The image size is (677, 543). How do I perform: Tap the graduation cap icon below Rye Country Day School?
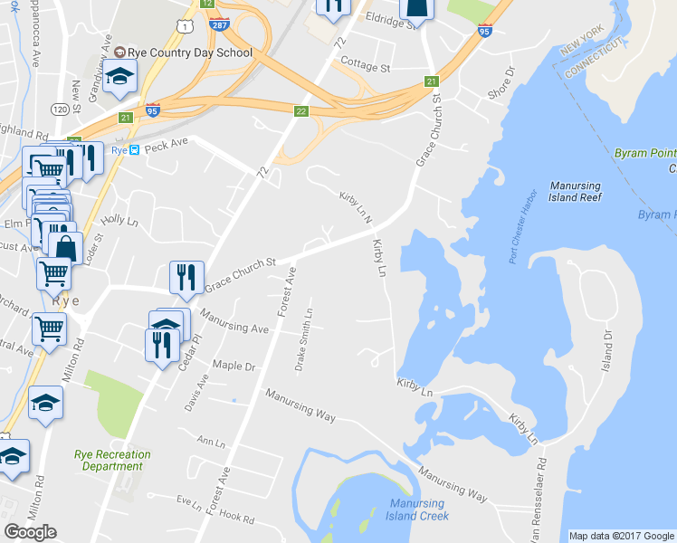[119, 80]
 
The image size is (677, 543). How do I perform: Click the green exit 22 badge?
[301, 110]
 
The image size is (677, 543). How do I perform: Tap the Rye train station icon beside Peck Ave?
[134, 150]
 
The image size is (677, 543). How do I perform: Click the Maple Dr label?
[234, 367]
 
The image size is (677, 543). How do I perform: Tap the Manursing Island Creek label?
[417, 510]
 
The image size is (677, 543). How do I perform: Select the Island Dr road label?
[608, 344]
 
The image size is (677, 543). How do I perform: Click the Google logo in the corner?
[30, 532]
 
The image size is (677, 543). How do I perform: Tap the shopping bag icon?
[65, 247]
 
